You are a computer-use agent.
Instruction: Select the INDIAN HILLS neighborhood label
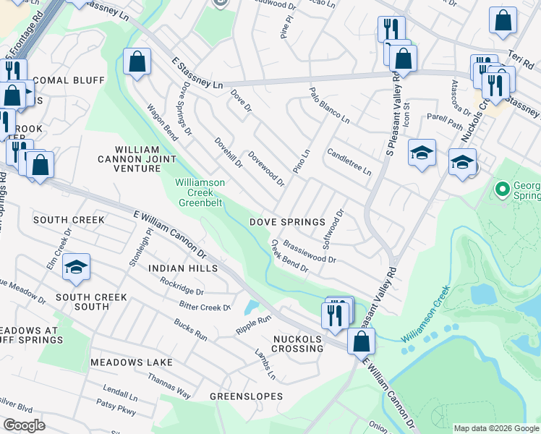coord(183,268)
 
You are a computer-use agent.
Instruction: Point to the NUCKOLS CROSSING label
coord(298,344)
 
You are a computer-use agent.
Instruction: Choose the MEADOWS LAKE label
coord(132,362)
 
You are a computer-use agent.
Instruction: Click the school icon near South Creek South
coord(76,268)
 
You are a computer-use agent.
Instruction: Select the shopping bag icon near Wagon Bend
coord(137,62)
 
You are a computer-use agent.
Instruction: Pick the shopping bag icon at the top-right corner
coord(503,21)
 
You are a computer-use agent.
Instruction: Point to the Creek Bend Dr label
coord(290,256)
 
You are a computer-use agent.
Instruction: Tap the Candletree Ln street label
coord(349,163)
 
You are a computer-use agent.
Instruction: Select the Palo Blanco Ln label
coord(329,105)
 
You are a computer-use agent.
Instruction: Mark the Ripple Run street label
coord(253,325)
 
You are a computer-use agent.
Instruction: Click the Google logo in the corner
coord(24,425)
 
